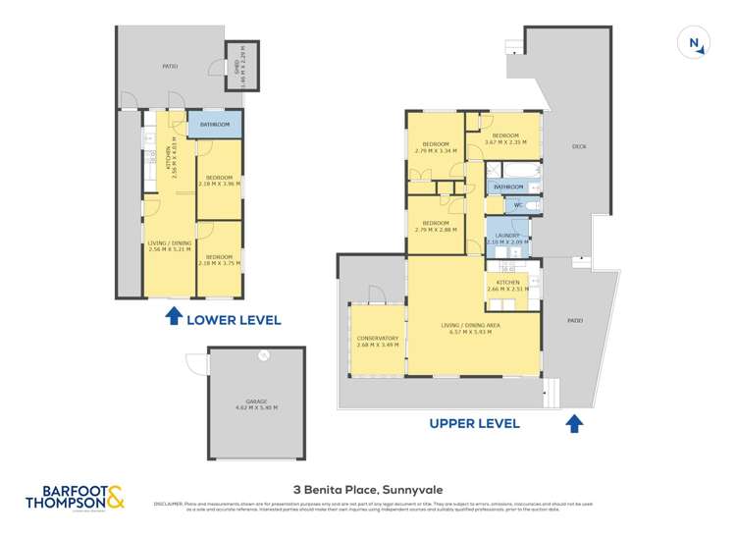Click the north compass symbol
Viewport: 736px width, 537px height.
tap(695, 42)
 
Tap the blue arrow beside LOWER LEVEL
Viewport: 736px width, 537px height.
tap(173, 316)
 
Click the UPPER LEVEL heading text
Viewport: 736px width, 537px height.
tap(473, 424)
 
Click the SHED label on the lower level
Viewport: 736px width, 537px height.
tap(237, 67)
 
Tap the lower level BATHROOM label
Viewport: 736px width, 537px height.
tap(214, 125)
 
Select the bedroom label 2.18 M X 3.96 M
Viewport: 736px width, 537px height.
tap(220, 181)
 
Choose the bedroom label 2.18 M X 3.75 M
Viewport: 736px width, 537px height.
tap(220, 259)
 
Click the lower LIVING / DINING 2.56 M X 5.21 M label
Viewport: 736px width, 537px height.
tap(171, 246)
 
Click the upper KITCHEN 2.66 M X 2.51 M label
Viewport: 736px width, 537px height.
tap(508, 285)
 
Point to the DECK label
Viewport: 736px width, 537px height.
tap(579, 146)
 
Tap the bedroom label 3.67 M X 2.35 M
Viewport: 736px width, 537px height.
tap(505, 138)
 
